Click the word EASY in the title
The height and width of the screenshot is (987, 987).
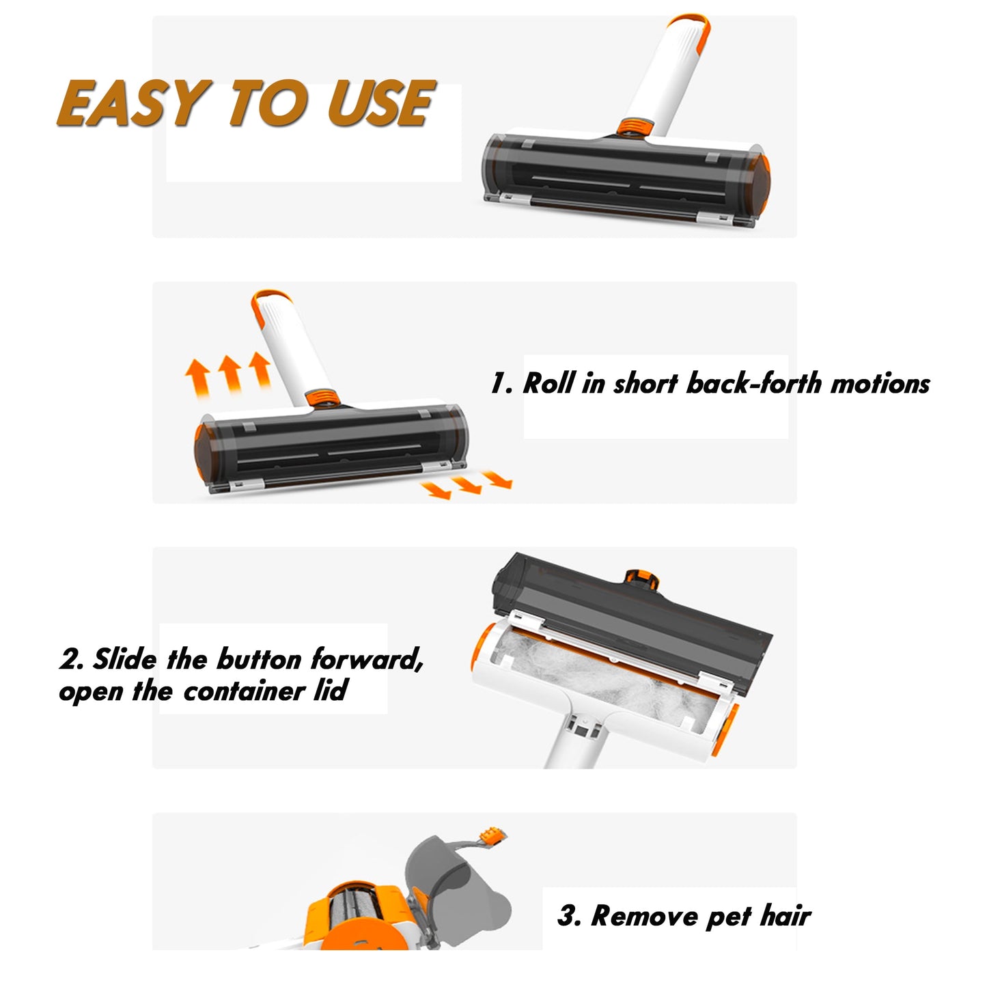[x=134, y=103]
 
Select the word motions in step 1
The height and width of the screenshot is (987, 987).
[x=880, y=384]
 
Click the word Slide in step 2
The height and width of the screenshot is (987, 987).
[x=124, y=658]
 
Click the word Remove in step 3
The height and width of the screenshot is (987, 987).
[x=644, y=916]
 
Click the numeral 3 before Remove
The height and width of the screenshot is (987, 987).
[x=566, y=916]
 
